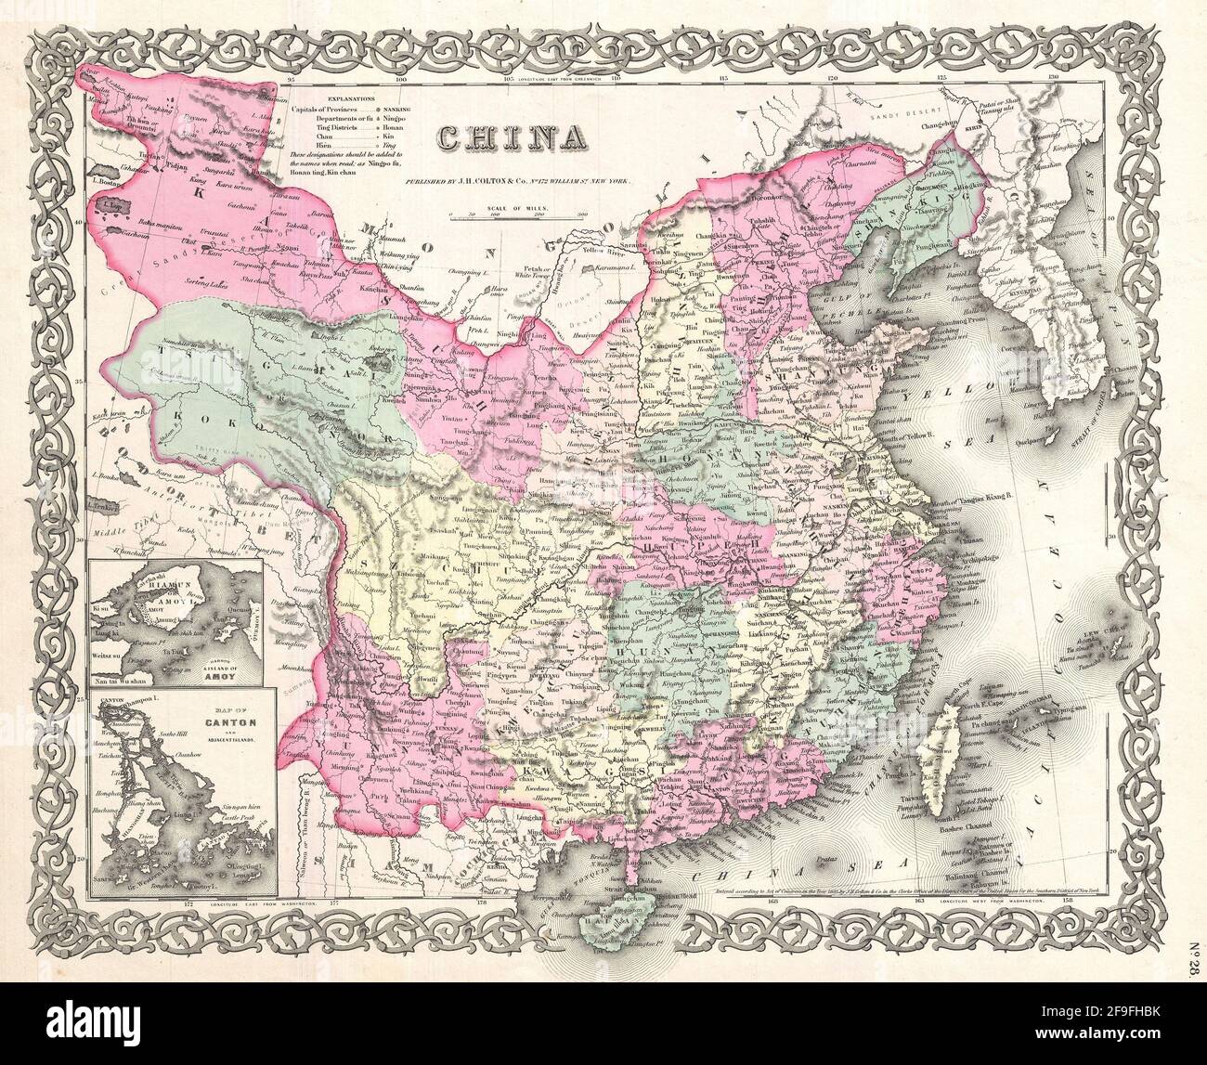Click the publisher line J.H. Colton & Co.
524,181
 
